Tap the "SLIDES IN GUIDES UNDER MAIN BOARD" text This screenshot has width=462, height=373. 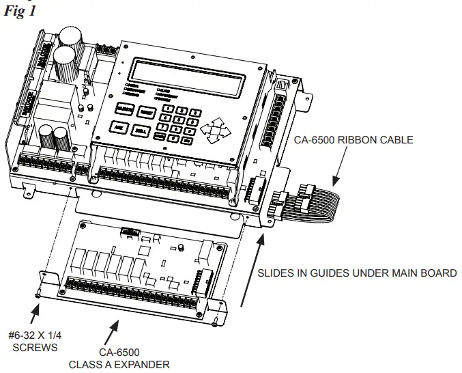pos(356,273)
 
